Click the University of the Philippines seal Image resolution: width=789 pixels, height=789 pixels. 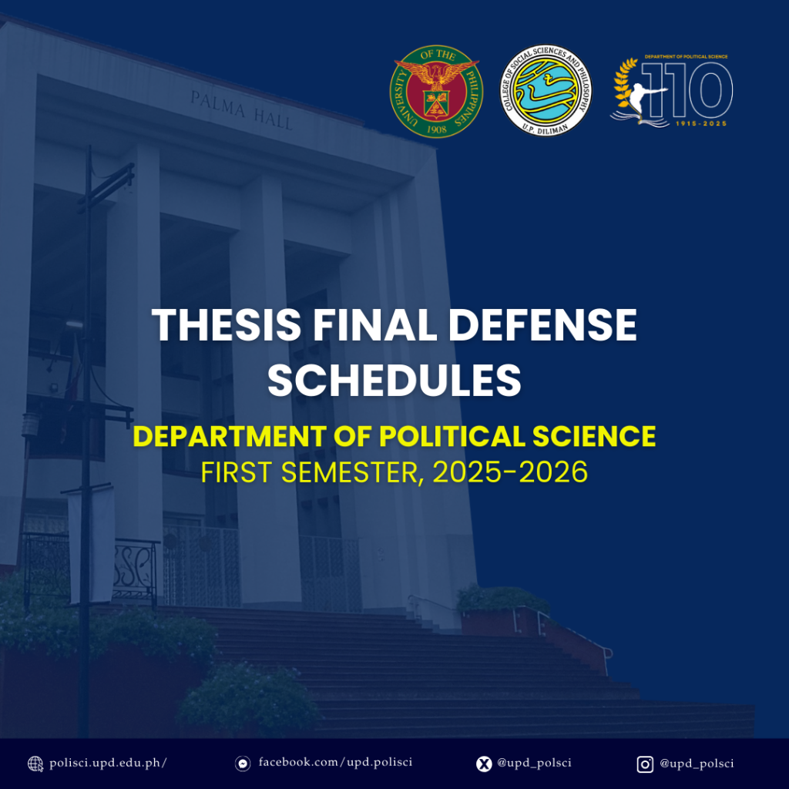(x=436, y=91)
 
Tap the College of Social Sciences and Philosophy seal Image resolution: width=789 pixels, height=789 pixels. (x=546, y=91)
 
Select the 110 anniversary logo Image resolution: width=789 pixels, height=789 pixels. (x=671, y=91)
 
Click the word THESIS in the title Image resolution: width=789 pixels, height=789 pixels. (x=227, y=325)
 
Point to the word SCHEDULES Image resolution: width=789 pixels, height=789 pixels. (x=394, y=381)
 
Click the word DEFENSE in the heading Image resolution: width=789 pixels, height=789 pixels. (x=542, y=325)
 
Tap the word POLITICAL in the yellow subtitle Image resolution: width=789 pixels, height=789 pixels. (x=452, y=436)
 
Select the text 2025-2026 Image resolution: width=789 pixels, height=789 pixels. (x=510, y=472)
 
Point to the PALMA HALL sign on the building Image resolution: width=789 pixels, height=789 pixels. (x=241, y=110)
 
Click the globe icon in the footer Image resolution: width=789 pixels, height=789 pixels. (x=35, y=764)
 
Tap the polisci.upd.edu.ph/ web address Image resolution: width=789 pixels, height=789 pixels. (x=108, y=764)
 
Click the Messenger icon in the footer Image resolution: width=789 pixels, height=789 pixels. (x=243, y=764)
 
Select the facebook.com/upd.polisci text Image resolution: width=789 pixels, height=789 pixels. (x=336, y=762)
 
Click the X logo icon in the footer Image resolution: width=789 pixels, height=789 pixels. (x=484, y=764)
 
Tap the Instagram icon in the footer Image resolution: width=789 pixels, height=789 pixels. (x=645, y=764)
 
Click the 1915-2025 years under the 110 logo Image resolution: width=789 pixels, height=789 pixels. (x=701, y=123)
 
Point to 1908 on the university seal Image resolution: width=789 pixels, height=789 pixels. (x=437, y=129)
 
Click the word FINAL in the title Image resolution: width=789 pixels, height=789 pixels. (x=375, y=325)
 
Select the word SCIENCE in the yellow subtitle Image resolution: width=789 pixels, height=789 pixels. (x=594, y=436)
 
